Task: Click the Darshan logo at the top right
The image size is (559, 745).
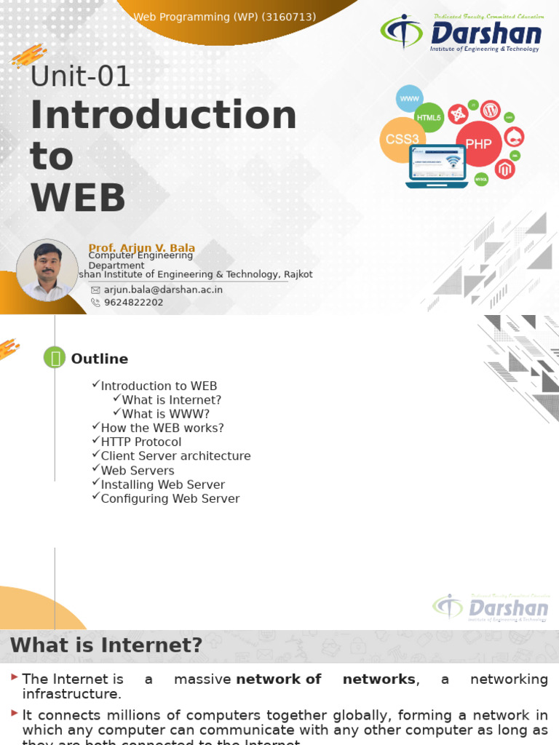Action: pyautogui.click(x=461, y=33)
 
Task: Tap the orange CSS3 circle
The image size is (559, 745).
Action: pyautogui.click(x=402, y=139)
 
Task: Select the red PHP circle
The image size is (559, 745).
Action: pyautogui.click(x=478, y=144)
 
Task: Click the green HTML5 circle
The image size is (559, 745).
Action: pyautogui.click(x=429, y=117)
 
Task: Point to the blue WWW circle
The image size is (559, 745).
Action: pyautogui.click(x=410, y=98)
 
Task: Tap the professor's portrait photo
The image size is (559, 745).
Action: pyautogui.click(x=47, y=270)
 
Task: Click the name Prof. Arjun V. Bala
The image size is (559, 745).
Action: pyautogui.click(x=141, y=248)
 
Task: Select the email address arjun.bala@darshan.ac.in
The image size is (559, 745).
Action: pyautogui.click(x=163, y=290)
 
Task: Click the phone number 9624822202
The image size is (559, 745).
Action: pyautogui.click(x=133, y=303)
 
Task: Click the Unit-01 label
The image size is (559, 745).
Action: pyautogui.click(x=80, y=76)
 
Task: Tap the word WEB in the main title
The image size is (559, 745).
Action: pyautogui.click(x=77, y=198)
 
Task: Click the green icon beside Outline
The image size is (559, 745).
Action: pyautogui.click(x=55, y=357)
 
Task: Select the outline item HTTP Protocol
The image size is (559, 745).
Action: pyautogui.click(x=140, y=442)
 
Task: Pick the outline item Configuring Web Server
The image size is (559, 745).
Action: pyautogui.click(x=170, y=499)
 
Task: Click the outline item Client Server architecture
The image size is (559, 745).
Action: pyautogui.click(x=175, y=456)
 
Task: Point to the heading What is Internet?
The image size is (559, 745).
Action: pyautogui.click(x=106, y=645)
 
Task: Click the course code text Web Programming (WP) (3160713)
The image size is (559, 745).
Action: pyautogui.click(x=224, y=17)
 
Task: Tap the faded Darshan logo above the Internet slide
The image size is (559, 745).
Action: pyautogui.click(x=491, y=607)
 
